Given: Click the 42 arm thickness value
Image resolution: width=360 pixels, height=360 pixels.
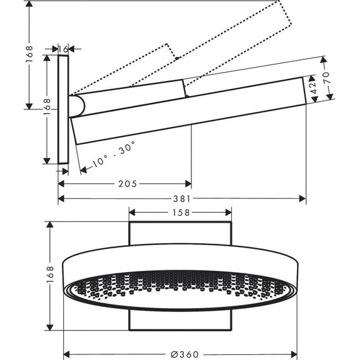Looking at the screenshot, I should coord(311,84).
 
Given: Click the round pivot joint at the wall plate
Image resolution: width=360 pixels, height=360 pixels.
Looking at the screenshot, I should coord(76,105).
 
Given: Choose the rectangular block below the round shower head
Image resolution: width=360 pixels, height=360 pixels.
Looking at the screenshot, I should coord(180,320).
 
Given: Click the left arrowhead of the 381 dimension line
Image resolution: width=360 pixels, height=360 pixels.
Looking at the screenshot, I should coord(61,198).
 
